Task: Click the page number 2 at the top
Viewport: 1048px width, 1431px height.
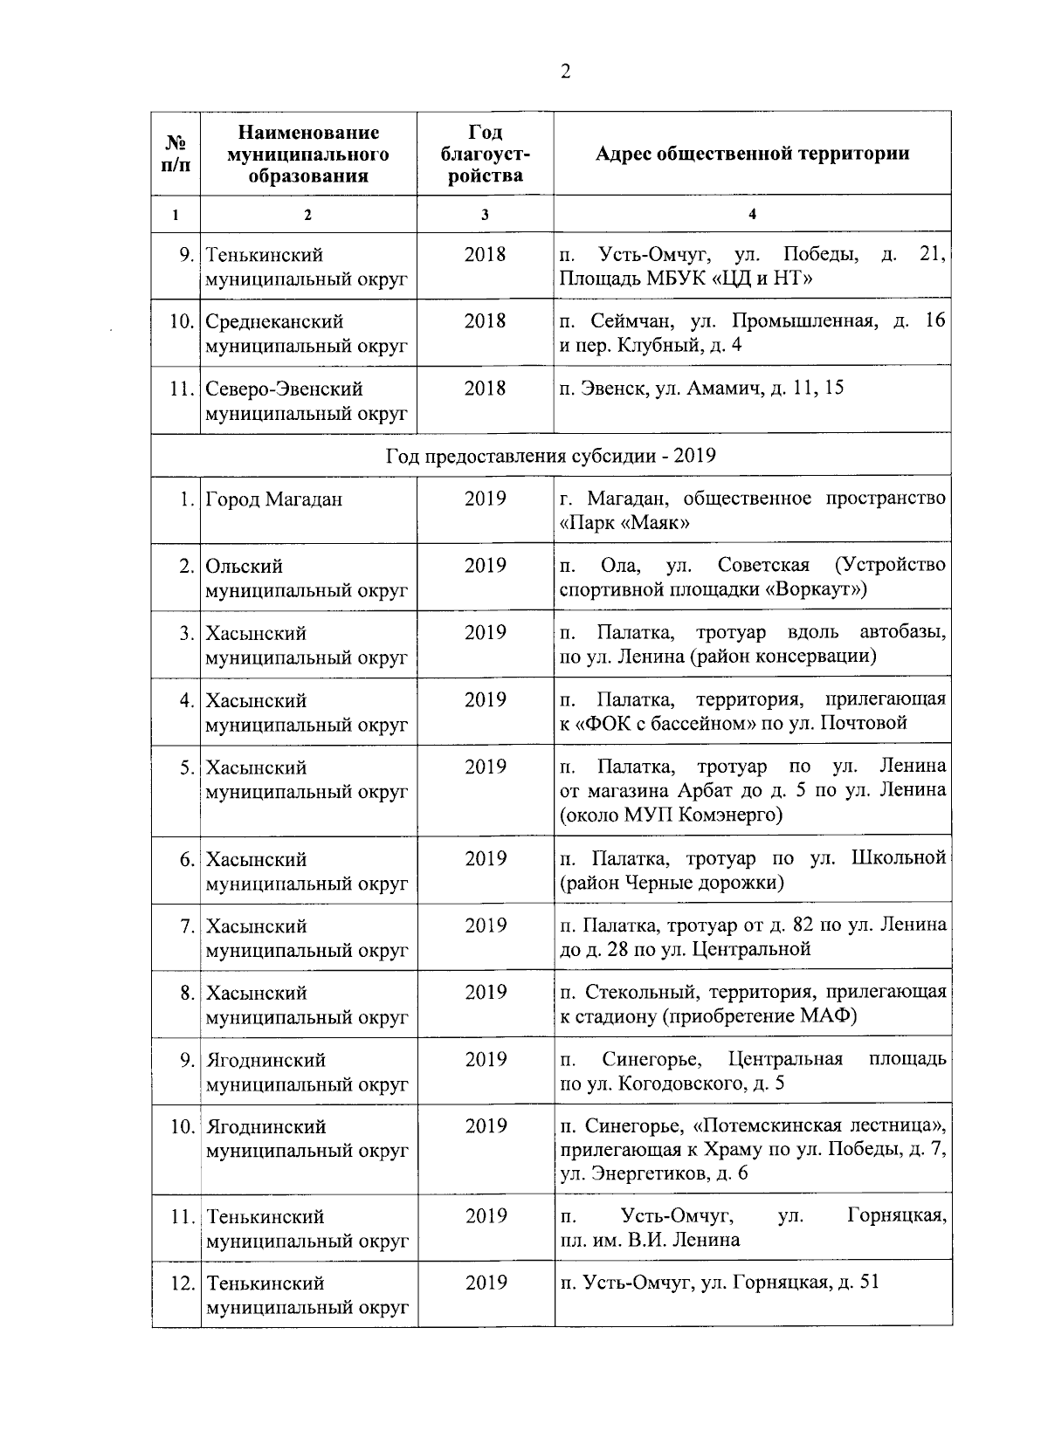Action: [565, 72]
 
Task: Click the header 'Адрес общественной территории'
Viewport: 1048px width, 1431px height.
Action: [752, 154]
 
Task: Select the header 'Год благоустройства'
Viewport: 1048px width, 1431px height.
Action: [485, 154]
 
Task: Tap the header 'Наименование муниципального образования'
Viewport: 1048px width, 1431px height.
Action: [307, 154]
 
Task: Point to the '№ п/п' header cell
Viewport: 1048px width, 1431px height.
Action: [176, 154]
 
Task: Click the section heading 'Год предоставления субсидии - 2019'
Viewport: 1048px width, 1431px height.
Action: [551, 456]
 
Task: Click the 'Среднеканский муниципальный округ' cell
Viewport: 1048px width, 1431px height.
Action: [307, 334]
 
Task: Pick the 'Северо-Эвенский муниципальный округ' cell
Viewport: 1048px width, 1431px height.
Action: [307, 400]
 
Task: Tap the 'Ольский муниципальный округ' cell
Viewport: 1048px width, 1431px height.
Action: [307, 578]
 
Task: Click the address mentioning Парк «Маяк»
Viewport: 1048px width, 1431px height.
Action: [752, 511]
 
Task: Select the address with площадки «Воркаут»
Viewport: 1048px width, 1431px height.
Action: [752, 577]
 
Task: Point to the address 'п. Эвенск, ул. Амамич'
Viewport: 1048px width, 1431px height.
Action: [702, 388]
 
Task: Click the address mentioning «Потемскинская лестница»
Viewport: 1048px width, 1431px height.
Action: [752, 1150]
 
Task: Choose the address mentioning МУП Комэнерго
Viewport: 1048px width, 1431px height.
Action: [752, 790]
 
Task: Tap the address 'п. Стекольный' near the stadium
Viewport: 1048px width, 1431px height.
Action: [752, 1004]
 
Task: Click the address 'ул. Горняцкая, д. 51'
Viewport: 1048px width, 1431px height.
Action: [720, 1283]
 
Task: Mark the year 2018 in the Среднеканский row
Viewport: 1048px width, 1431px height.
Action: [485, 321]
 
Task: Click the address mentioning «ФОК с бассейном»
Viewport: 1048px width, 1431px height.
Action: [752, 711]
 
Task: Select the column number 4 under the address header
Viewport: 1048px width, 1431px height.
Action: [752, 214]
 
